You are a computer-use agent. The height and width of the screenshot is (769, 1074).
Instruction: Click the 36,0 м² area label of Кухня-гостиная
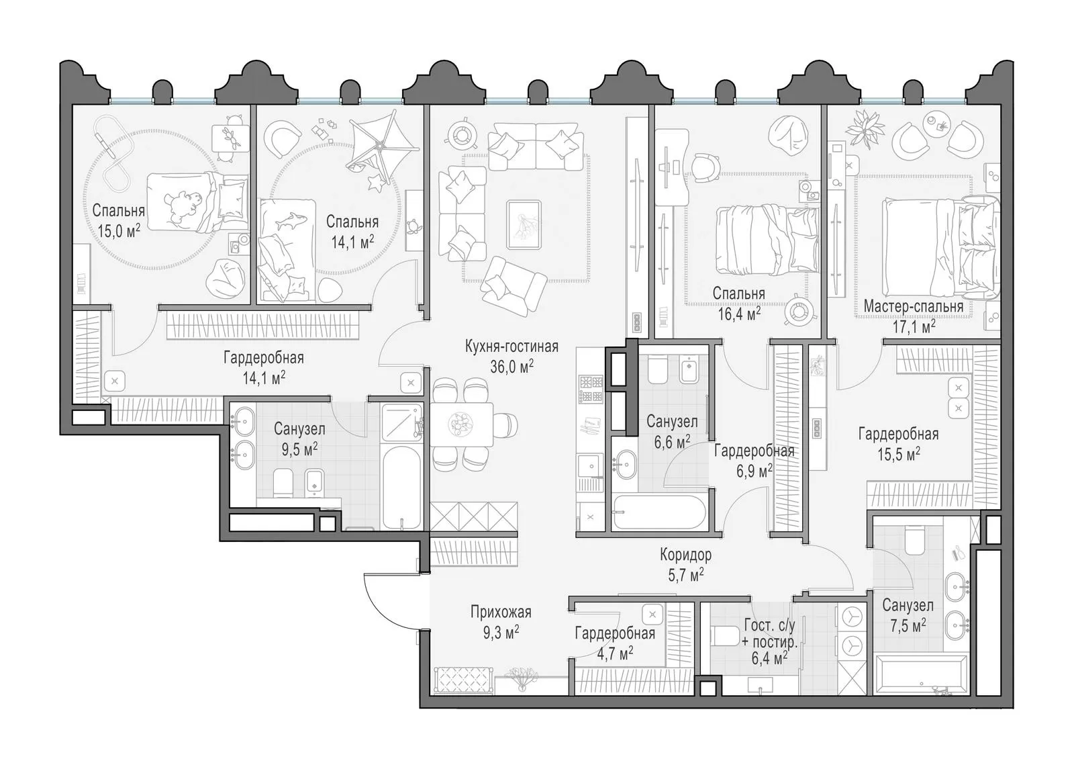pos(512,367)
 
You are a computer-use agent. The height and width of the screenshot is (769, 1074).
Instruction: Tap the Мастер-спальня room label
pos(914,306)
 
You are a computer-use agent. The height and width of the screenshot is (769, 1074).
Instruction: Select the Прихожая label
pos(501,612)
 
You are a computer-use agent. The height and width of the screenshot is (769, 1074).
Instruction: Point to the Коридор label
pos(685,555)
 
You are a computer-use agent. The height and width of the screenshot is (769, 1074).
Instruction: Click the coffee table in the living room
pos(524,224)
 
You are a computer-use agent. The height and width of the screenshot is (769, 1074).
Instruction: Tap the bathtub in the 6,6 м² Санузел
pos(658,512)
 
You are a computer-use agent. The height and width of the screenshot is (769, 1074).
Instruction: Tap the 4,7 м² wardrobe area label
pos(615,653)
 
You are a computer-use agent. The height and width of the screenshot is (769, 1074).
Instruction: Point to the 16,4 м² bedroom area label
pos(739,314)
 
